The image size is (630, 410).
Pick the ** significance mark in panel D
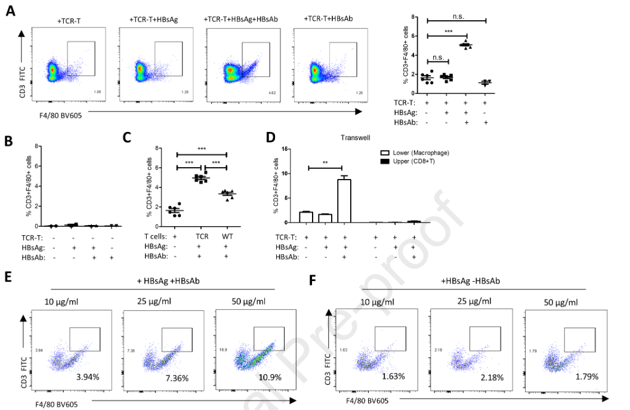pyautogui.click(x=325, y=162)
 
